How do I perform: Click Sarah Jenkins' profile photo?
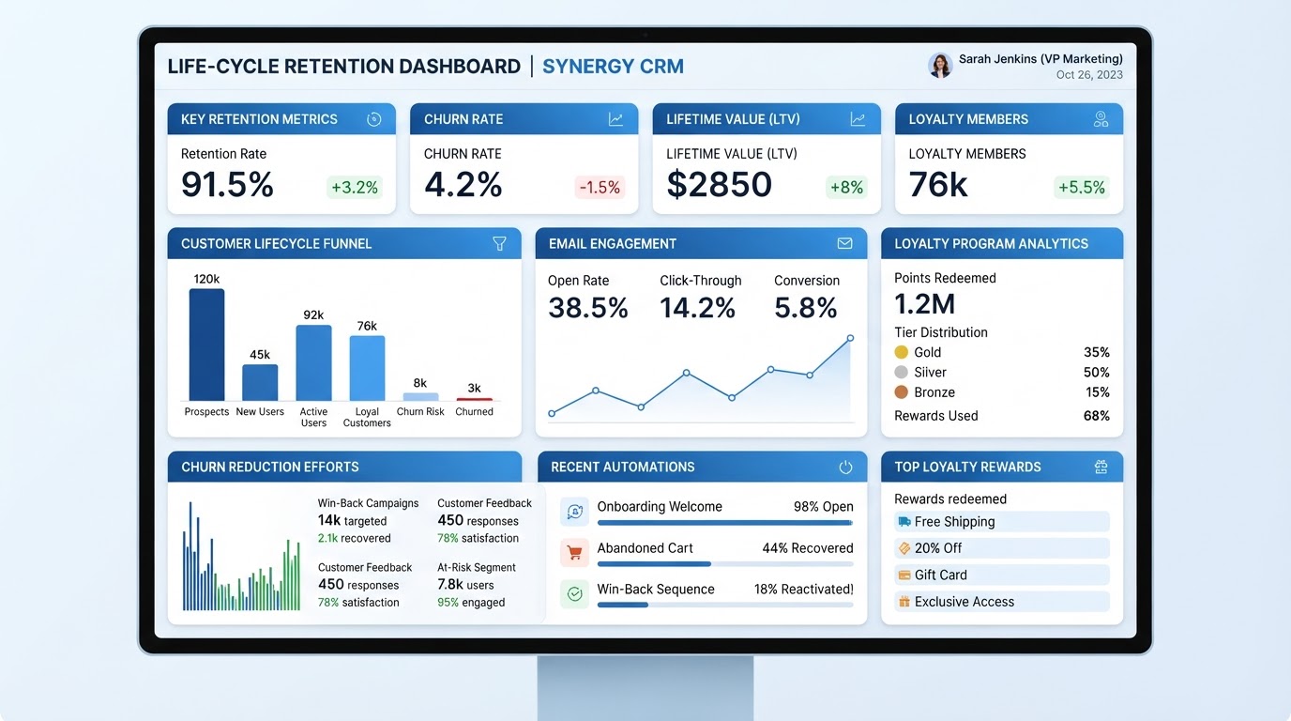(x=940, y=66)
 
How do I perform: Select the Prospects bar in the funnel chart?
(x=207, y=345)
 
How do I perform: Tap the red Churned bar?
(x=475, y=399)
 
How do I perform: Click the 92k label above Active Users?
(x=313, y=314)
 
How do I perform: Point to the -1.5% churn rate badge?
(x=600, y=187)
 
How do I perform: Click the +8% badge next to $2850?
(x=846, y=187)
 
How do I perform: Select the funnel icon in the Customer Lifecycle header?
(x=500, y=243)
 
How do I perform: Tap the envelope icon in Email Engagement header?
(x=845, y=243)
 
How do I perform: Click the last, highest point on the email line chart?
(x=850, y=338)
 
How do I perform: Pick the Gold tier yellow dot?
(x=902, y=352)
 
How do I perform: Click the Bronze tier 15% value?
(x=1098, y=392)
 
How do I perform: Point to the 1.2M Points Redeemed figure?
(x=924, y=304)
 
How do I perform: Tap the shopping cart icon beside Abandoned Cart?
(x=574, y=553)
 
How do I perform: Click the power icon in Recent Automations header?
(x=845, y=467)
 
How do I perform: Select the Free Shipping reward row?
(x=1002, y=521)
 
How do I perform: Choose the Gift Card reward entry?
(x=1002, y=575)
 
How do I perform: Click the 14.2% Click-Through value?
(x=697, y=307)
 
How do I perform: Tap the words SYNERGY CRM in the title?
(x=614, y=67)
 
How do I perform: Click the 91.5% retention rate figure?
(x=227, y=185)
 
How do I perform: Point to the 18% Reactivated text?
(x=803, y=589)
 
